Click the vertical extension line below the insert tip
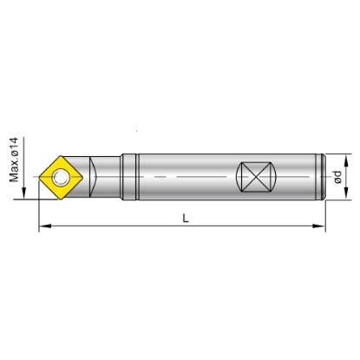(x=39, y=208)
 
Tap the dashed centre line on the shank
(x=191, y=179)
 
